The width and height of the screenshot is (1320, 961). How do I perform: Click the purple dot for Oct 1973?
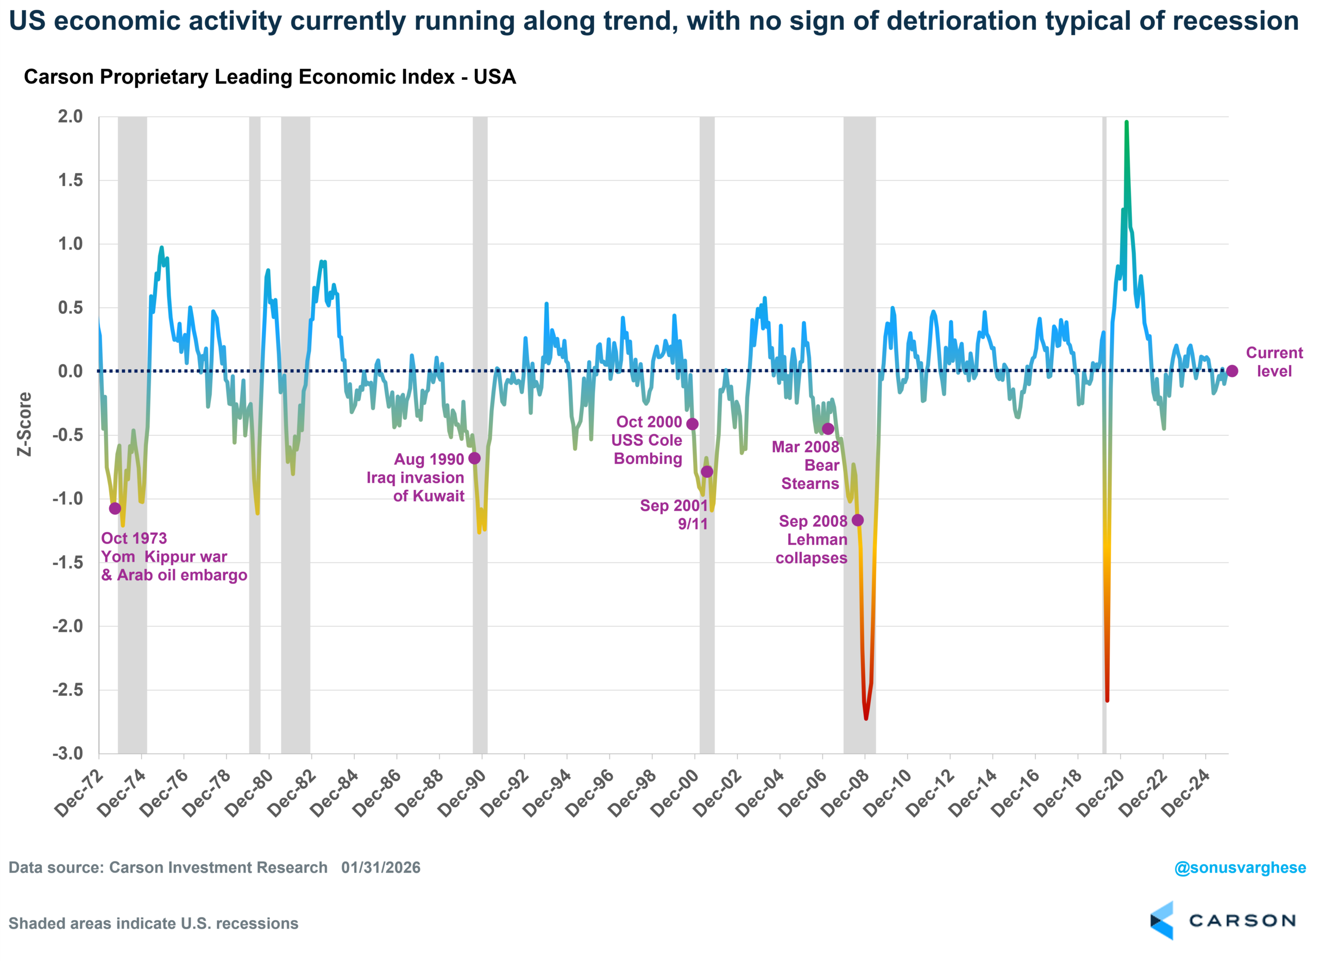point(115,509)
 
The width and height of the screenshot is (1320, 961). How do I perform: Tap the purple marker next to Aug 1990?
point(475,459)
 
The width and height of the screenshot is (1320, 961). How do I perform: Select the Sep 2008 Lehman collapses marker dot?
point(858,520)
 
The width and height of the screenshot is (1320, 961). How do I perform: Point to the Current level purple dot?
point(1232,371)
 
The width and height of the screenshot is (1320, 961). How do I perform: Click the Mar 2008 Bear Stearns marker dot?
point(828,429)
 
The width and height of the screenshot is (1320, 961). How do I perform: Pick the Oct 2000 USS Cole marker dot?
point(692,424)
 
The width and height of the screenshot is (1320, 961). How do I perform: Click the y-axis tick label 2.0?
point(71,117)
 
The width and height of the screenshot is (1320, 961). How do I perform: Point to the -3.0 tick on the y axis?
point(68,754)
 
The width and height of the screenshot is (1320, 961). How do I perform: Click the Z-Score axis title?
point(24,424)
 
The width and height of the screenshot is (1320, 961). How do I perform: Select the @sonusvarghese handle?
point(1240,868)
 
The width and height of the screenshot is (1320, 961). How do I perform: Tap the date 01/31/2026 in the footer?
point(381,868)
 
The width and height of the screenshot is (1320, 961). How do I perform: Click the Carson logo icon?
point(1162,920)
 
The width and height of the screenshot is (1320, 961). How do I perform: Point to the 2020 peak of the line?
point(1127,122)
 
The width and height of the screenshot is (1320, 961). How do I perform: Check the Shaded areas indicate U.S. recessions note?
point(153,924)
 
